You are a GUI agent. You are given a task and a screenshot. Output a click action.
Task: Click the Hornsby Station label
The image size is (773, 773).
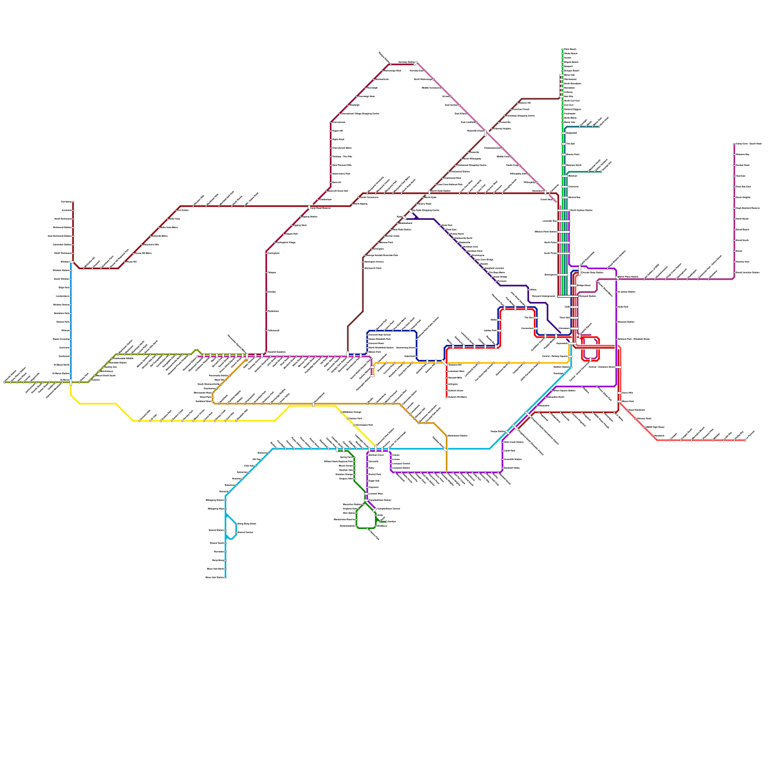[405, 62]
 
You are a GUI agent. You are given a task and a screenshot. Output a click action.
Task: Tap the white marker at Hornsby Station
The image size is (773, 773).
[415, 63]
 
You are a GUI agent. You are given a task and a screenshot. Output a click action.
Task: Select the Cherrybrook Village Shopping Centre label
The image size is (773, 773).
[360, 114]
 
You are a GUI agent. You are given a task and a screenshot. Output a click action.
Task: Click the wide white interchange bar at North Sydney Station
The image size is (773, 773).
[564, 210]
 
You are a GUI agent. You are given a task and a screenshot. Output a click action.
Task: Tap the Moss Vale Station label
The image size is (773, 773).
[215, 577]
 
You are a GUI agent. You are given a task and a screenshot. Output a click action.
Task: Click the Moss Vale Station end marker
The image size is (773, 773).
[226, 577]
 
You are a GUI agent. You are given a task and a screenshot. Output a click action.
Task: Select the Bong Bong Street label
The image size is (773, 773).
[246, 524]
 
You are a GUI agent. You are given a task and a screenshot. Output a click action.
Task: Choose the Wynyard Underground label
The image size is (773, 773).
[544, 296]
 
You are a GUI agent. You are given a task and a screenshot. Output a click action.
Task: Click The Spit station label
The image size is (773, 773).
[570, 143]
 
